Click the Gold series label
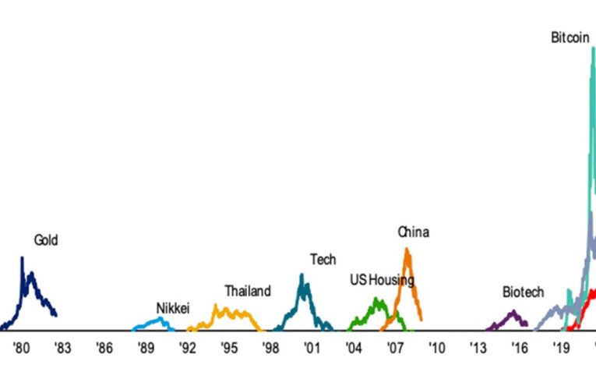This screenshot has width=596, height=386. [45, 240]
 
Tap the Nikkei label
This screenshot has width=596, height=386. [173, 309]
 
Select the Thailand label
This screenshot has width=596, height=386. [248, 292]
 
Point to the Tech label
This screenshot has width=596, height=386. [323, 260]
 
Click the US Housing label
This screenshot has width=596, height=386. [382, 280]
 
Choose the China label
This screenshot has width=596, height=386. [413, 232]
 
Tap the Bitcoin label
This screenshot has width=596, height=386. [570, 37]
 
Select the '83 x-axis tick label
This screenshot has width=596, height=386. [62, 348]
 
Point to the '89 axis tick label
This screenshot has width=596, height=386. [145, 348]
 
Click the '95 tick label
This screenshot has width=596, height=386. [228, 348]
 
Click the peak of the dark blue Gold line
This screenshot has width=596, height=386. [22, 257]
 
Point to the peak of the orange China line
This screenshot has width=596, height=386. [407, 249]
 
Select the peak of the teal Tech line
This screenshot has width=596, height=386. [302, 274]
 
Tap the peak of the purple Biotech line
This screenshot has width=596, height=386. [513, 311]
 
